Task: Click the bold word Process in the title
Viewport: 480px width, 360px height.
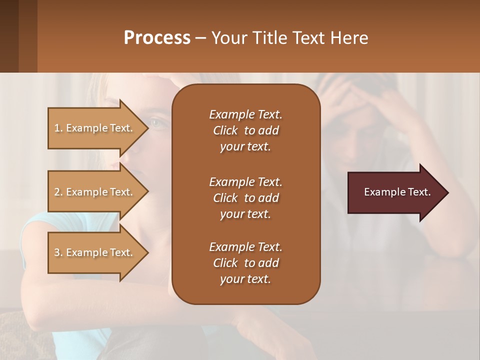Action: [157, 37]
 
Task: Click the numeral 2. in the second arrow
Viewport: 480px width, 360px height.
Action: [58, 192]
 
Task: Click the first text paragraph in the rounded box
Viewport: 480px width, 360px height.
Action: [245, 130]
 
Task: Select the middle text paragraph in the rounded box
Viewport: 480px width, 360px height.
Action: [245, 197]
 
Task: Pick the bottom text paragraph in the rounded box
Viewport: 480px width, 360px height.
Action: [245, 263]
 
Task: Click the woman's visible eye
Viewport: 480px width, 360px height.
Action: [156, 122]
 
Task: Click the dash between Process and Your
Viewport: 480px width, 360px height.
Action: [201, 38]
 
